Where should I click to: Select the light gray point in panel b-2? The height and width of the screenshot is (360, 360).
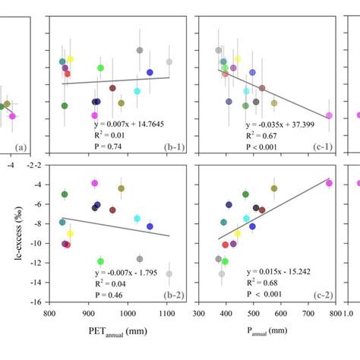point(169,273)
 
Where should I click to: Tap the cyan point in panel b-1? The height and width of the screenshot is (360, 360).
point(137,91)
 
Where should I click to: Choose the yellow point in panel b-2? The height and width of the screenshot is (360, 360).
point(70,234)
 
